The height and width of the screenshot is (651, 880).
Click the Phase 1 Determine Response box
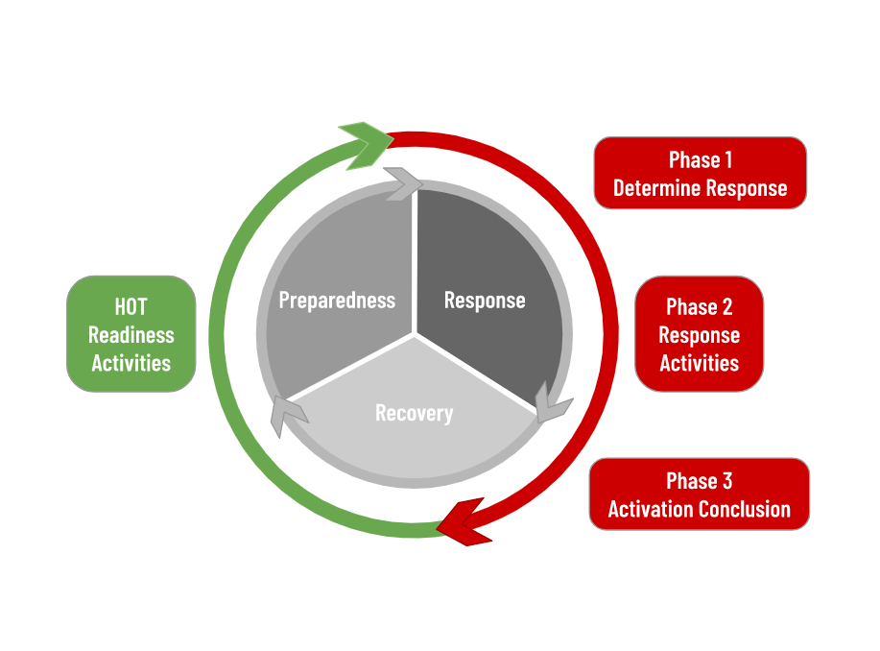pyautogui.click(x=700, y=173)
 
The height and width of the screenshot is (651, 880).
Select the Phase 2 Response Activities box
pyautogui.click(x=699, y=334)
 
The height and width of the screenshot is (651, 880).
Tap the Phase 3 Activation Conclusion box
pyautogui.click(x=699, y=494)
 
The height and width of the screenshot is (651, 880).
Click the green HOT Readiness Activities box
pyautogui.click(x=131, y=334)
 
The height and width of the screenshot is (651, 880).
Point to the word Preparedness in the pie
pyautogui.click(x=337, y=301)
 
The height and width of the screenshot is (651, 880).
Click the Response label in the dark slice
pyautogui.click(x=485, y=301)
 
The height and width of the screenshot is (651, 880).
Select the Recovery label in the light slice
pyautogui.click(x=414, y=414)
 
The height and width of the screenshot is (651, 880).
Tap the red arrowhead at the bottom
pyautogui.click(x=463, y=523)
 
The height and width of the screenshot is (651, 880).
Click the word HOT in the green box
pyautogui.click(x=131, y=307)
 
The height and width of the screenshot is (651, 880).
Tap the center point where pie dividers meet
pyautogui.click(x=415, y=335)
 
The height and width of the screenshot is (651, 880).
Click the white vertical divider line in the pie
pyautogui.click(x=415, y=259)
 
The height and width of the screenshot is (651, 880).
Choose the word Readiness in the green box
pyautogui.click(x=131, y=335)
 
